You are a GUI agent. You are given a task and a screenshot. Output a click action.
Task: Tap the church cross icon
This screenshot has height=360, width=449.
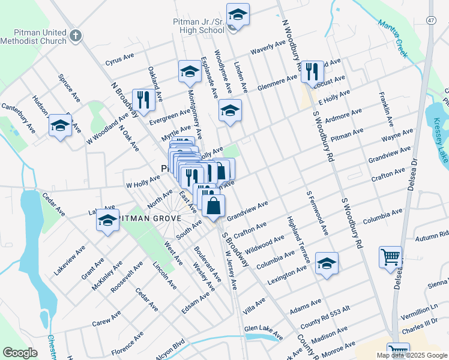pos(75,35)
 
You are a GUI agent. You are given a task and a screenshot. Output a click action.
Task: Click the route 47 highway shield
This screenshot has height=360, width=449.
pos(431,20)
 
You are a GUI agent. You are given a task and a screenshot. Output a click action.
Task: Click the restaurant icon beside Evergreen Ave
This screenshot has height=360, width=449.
pos(143,99)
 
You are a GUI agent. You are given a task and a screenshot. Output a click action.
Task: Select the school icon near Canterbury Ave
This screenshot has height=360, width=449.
pos(59,125)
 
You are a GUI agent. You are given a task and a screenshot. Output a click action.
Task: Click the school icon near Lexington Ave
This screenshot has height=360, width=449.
pos(327,263)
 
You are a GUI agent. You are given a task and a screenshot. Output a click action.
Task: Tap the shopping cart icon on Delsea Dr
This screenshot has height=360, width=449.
pos(390,257)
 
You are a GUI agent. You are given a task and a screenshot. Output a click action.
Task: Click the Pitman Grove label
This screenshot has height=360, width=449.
pos(148,219)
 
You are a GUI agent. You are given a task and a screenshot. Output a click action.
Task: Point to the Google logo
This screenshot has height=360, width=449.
pos(20,353)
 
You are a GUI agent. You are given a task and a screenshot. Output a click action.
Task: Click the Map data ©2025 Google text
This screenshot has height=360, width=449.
pos(412,355)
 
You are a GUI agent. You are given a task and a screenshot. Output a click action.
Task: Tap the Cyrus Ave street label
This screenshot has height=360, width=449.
pos(119,59)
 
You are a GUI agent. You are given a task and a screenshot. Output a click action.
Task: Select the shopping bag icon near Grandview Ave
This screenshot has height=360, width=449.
pos(214,206)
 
